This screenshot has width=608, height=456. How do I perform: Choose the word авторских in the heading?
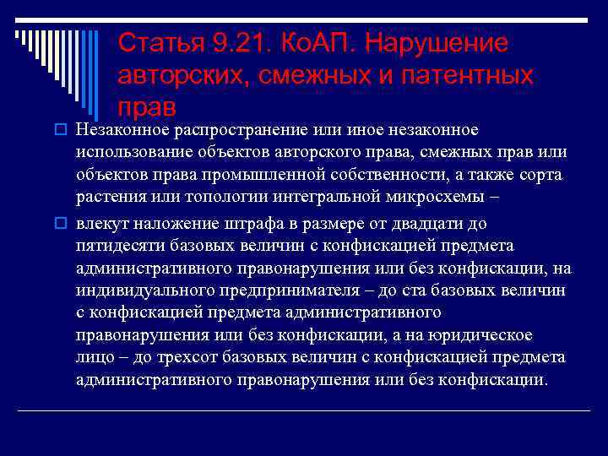tap(171, 75)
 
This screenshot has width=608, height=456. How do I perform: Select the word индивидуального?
tap(140, 290)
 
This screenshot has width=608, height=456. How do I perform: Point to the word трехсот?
tap(177, 357)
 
